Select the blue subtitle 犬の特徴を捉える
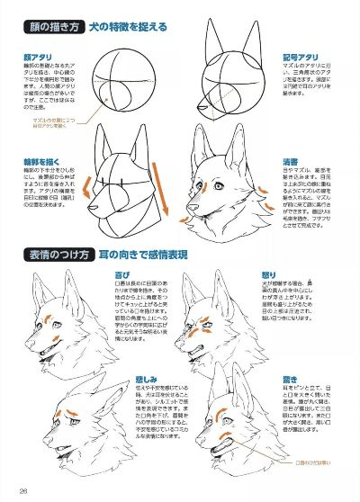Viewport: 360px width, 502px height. click(127, 26)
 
